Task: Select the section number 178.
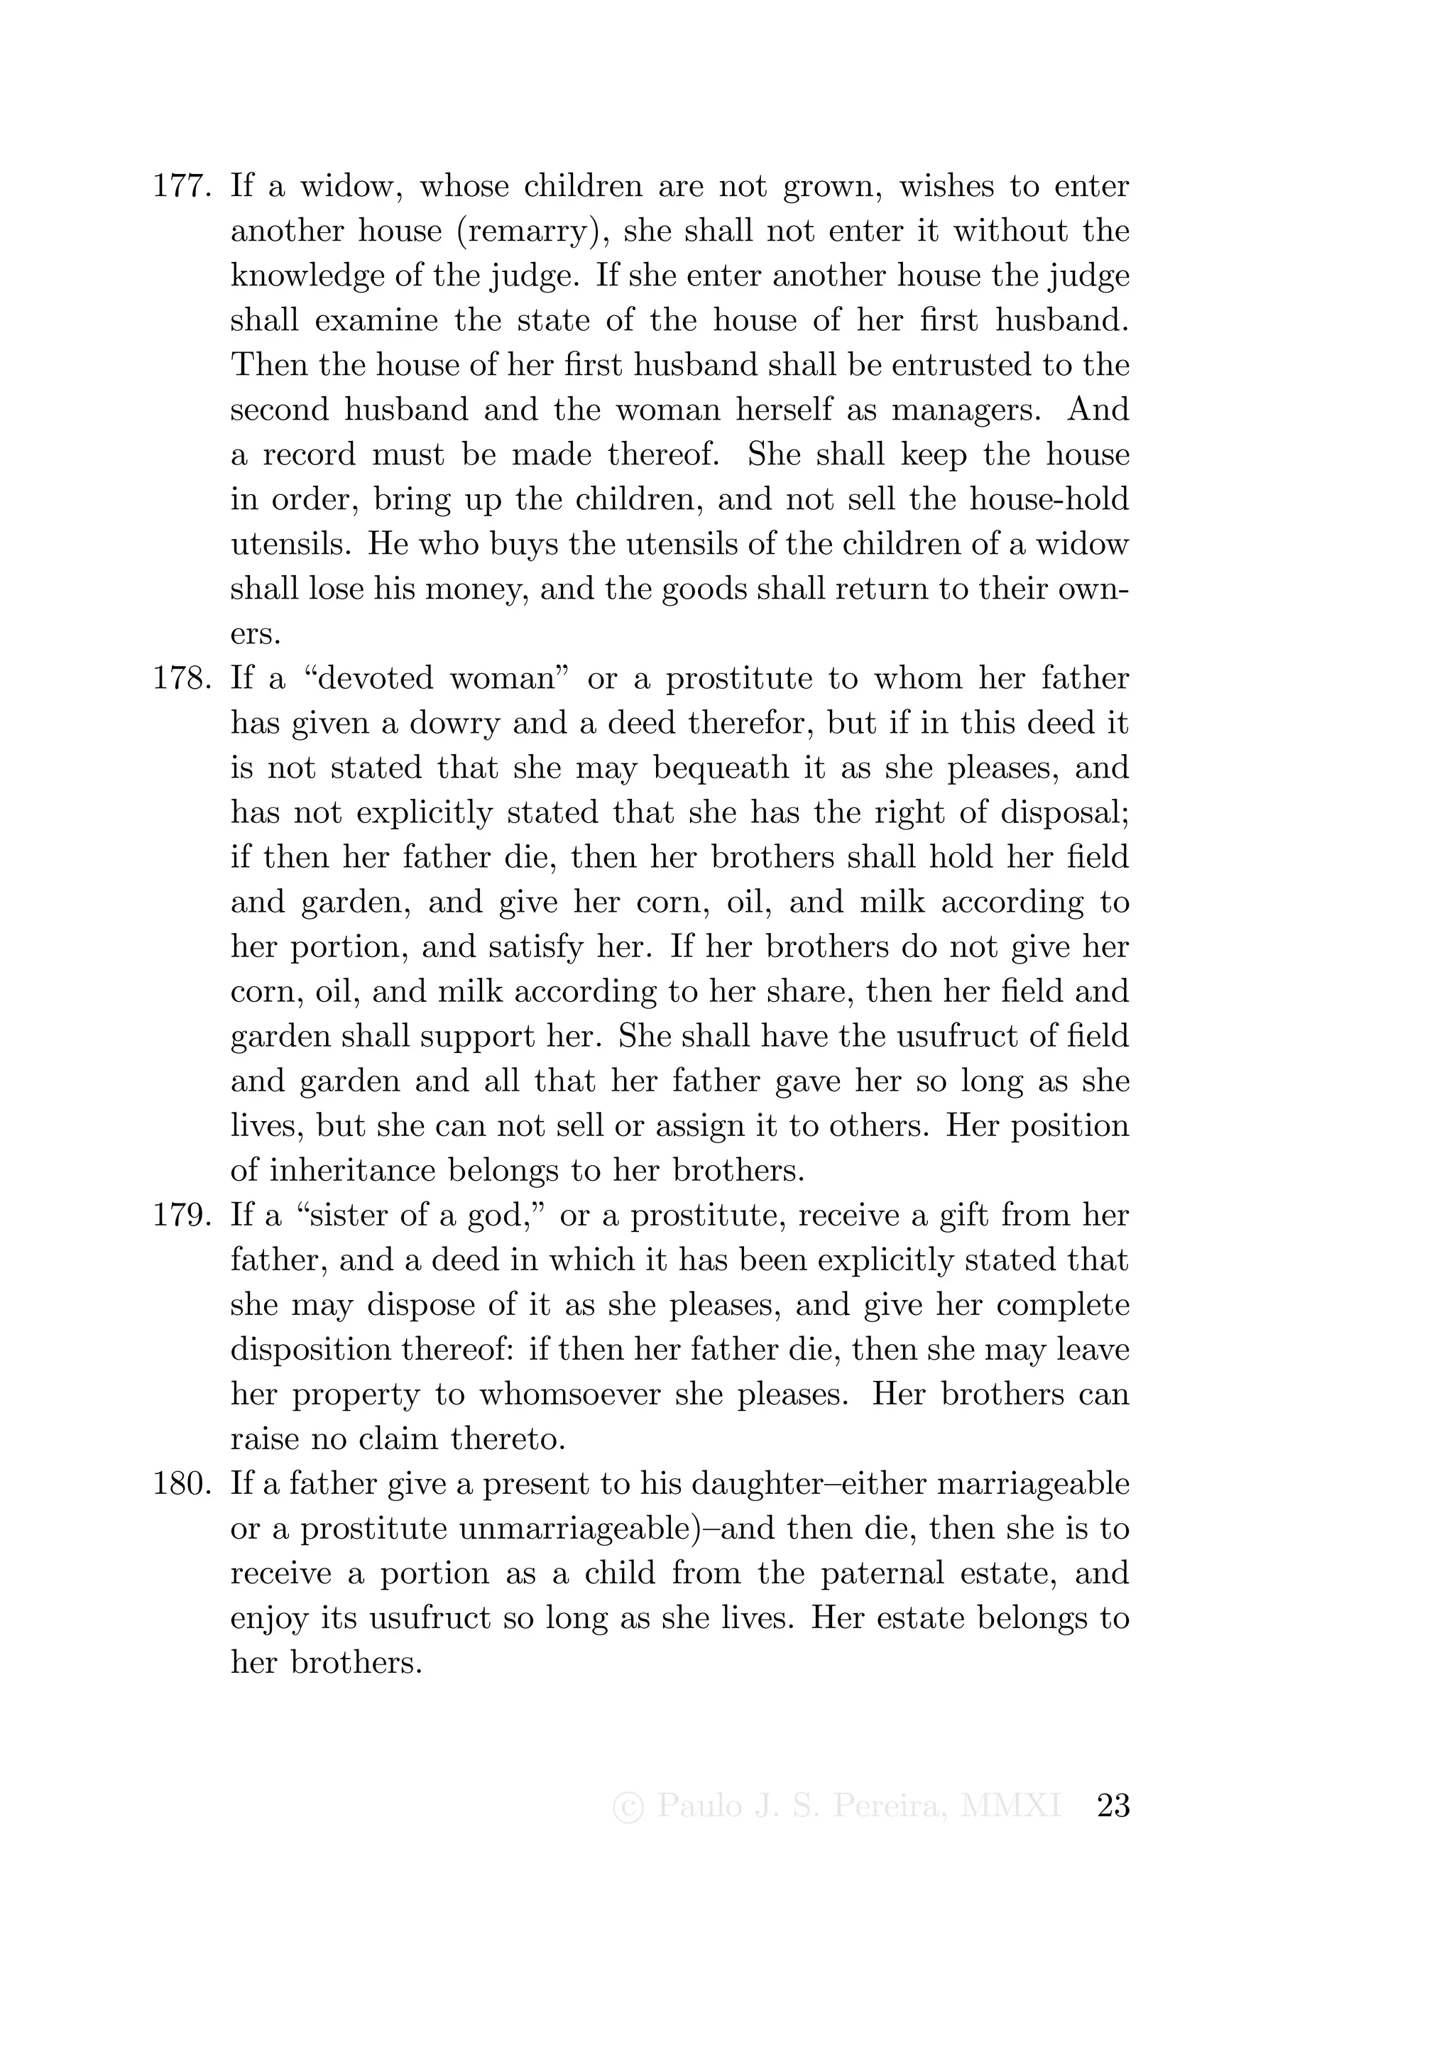click(182, 678)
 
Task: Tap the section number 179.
click(182, 1216)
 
